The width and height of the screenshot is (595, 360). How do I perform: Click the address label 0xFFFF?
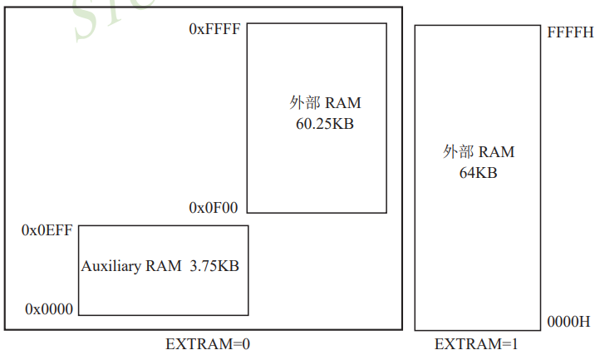coord(214,29)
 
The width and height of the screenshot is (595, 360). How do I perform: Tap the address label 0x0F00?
coord(214,207)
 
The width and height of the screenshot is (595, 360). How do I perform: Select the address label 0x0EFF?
coord(47,230)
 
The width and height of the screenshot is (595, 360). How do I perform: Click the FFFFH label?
coord(570,32)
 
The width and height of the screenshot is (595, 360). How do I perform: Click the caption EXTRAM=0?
coord(207,343)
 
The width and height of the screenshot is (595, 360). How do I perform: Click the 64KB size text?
coord(478,173)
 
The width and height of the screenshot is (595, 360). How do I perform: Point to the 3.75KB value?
coord(214,266)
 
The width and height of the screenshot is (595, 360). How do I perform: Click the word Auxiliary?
coord(111,266)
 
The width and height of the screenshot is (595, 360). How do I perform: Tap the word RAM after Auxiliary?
coord(164,266)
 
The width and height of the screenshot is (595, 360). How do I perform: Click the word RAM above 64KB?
coord(496,152)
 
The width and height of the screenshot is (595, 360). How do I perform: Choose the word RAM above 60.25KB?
coord(343,103)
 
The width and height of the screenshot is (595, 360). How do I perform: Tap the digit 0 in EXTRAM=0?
coord(245,343)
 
